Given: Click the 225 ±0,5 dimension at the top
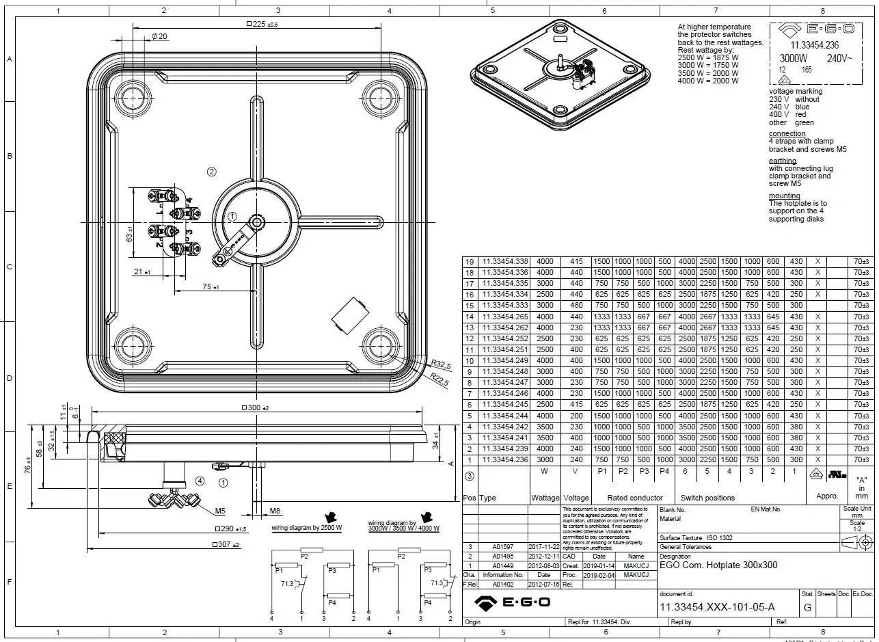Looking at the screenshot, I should point(262,24).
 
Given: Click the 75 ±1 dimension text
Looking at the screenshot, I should point(210,287).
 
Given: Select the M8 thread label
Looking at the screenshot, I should point(275,511).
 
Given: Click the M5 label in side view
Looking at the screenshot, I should point(220,511).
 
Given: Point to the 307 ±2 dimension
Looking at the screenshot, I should point(226,545).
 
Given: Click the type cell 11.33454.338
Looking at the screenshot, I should point(505,262).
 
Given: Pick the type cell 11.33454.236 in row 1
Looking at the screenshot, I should point(505,459).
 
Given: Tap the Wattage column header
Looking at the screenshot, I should point(545,498).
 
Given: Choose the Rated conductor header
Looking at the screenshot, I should point(634,498).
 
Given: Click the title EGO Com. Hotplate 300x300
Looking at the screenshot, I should point(718,565).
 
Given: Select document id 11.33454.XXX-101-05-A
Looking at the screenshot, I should point(717,607).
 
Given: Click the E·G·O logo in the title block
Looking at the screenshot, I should point(513,602).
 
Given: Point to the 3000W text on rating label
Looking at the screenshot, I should point(794,59).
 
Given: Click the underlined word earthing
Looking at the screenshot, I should point(782,161).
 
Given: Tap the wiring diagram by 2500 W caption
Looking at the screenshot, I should point(306,529).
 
